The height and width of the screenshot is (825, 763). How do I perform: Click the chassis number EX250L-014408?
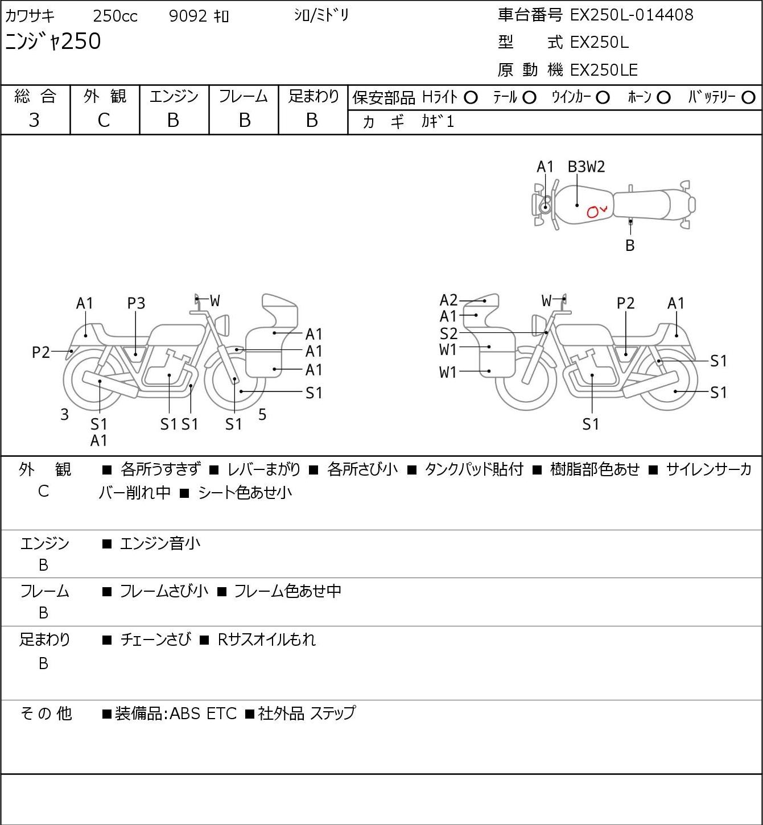click(631, 15)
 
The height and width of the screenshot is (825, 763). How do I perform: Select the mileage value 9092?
click(188, 16)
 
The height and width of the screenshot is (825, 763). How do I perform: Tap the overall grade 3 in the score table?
click(34, 121)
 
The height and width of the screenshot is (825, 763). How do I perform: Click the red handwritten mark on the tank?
click(596, 212)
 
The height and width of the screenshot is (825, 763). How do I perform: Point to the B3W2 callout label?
click(586, 167)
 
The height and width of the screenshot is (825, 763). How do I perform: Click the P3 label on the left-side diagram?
click(136, 303)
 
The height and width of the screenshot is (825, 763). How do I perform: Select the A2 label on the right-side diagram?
click(448, 300)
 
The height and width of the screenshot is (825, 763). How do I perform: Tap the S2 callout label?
click(448, 333)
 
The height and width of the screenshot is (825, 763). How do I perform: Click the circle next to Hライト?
click(471, 98)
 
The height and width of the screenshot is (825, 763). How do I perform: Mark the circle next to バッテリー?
click(748, 98)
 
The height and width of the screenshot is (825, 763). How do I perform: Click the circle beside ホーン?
click(663, 98)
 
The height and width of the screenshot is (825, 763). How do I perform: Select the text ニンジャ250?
click(53, 42)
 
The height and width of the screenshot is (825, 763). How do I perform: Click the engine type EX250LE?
click(604, 70)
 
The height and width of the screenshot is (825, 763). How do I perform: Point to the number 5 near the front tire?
click(262, 414)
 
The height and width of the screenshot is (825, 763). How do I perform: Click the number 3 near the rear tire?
click(64, 414)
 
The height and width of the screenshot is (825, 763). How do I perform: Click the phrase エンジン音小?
click(160, 543)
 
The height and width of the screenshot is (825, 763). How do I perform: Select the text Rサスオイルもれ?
click(266, 640)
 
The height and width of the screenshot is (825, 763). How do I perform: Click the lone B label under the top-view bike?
click(630, 245)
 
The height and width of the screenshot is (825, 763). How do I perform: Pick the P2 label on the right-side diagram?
click(625, 303)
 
